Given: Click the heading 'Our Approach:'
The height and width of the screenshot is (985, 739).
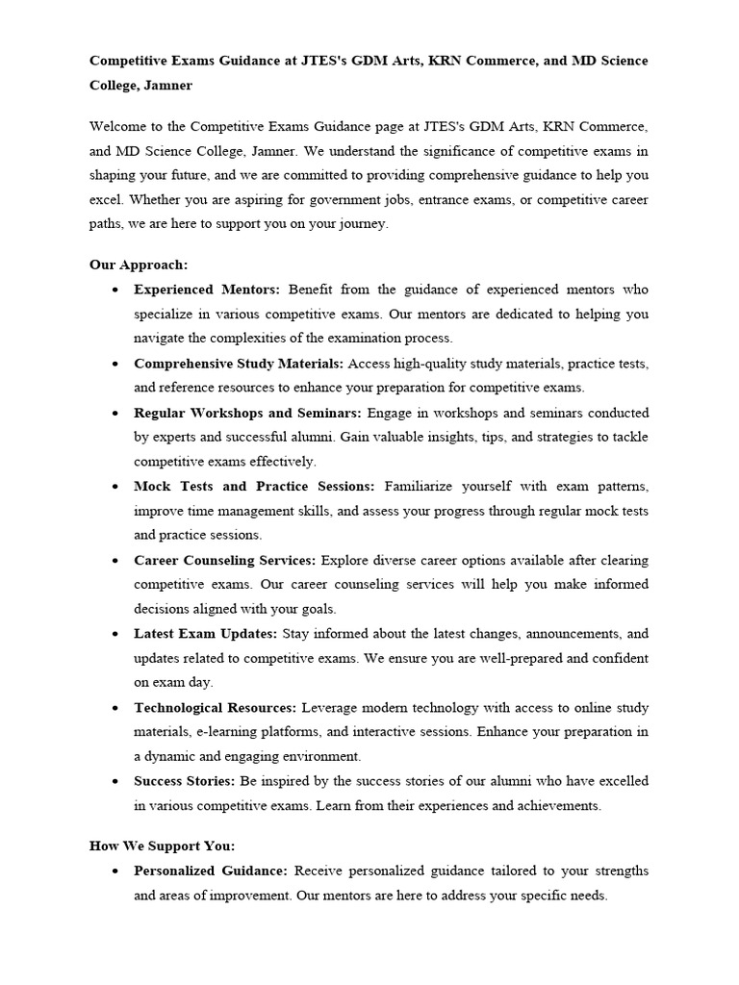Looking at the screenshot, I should point(139,265).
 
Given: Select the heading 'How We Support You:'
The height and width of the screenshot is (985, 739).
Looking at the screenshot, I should point(162,846).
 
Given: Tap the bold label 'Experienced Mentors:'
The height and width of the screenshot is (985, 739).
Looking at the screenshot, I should point(207,290).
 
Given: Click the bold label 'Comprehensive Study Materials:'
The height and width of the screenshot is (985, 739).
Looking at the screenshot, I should point(239,364).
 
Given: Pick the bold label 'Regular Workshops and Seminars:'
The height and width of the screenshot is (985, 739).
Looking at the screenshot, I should point(247,413).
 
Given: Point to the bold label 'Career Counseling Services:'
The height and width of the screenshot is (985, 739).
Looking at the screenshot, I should point(225,560).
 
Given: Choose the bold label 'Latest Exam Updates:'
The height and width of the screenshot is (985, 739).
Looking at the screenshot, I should point(205,634).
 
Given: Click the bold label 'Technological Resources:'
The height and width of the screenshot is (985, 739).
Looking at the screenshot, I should point(216,707).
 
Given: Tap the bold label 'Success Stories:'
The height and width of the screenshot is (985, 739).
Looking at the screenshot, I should point(185,781).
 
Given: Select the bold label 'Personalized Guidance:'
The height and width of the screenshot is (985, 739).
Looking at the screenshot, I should point(211,871).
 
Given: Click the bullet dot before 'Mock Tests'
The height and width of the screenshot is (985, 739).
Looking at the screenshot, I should point(115,487).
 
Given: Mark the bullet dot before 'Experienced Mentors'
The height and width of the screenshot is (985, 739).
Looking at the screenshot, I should point(115,290).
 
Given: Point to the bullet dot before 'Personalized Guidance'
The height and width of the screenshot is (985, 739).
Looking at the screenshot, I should point(115,871).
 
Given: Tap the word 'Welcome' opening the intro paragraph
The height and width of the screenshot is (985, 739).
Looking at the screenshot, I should point(118,126).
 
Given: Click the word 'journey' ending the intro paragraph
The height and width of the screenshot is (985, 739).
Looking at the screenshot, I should point(363,224).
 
